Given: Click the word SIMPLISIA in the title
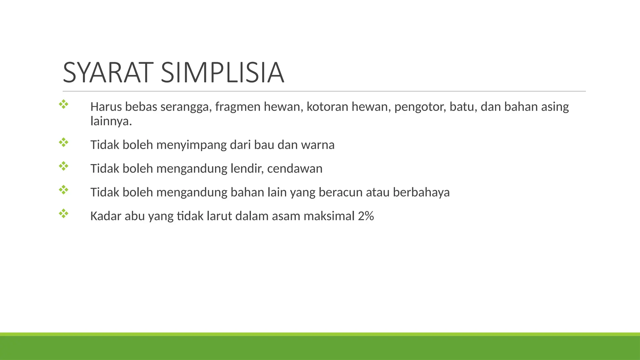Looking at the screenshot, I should tap(222, 73).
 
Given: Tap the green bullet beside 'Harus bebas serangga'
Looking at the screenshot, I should tap(63, 104).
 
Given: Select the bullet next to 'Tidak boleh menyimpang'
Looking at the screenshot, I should tap(63, 142).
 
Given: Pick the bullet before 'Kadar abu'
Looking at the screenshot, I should tap(63, 214).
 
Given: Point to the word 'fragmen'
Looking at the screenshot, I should tap(238, 107).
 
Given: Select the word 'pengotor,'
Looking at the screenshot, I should tap(420, 107).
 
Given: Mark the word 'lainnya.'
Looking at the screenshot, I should tap(111, 121).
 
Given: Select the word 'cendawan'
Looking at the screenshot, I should tap(295, 169).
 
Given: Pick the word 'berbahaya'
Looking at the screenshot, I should tap(421, 192).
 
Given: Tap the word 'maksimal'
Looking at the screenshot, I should tap(329, 216).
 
